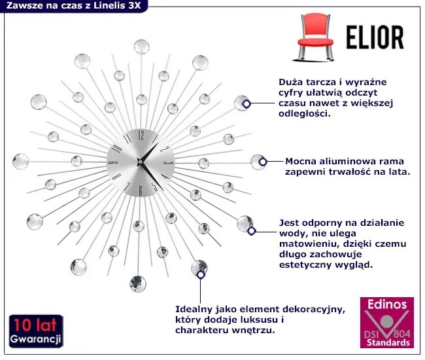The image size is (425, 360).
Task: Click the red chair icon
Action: click(315, 37)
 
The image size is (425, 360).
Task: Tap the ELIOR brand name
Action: click(375, 37)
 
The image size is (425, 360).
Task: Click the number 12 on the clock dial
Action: click(141, 135)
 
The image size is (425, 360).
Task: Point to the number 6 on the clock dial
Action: click(141, 190)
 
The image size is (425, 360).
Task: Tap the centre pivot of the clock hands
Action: click(140, 162)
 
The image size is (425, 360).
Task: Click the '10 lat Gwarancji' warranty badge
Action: click(36, 331)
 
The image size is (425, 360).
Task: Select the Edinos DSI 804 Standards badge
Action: click(387, 323)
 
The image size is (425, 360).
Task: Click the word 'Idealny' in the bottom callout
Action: click(192, 309)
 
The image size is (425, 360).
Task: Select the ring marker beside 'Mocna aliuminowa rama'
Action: click(263, 162)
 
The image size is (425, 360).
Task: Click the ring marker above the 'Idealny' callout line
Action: click(201, 275)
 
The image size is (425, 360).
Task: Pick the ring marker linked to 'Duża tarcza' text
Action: click(246, 104)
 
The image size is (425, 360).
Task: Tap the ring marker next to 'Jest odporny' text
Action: click(252, 231)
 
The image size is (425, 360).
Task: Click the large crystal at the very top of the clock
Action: click(141, 46)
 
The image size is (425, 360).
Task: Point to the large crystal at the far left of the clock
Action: click(21, 162)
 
